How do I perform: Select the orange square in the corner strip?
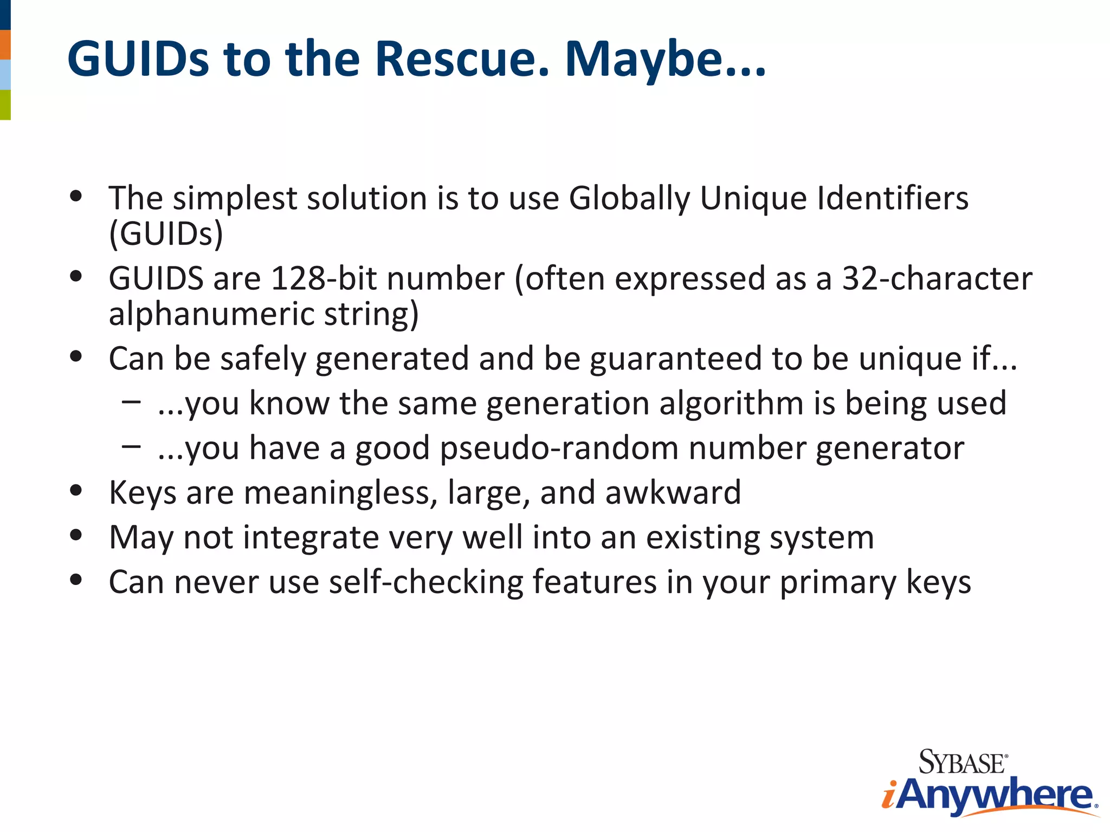point(5,44)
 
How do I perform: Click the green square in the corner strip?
point(5,105)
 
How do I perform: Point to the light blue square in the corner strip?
point(5,75)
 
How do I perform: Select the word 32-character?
point(937,278)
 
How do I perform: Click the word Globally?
point(629,198)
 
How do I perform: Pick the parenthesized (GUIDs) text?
point(166,234)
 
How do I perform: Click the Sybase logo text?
point(963,762)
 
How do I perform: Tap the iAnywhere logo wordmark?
point(989,795)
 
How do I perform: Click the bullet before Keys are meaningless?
point(76,490)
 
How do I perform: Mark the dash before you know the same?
point(131,402)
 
